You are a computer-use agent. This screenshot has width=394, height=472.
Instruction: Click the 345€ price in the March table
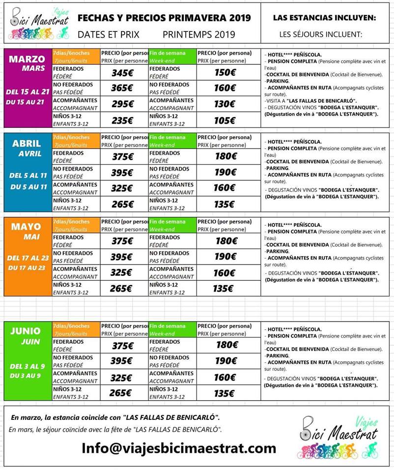(x=122, y=73)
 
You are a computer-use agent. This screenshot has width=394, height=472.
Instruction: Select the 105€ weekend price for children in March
(x=225, y=120)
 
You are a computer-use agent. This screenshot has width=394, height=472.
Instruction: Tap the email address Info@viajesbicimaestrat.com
(x=179, y=448)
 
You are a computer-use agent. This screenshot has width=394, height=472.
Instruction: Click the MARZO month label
(x=27, y=59)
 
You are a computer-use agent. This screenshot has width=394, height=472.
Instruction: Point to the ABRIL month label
(x=27, y=144)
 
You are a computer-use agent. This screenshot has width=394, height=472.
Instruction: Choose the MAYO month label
(x=27, y=227)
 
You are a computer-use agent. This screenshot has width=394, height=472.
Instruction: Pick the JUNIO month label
(x=27, y=331)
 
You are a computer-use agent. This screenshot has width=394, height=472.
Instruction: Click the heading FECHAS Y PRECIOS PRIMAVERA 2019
(x=164, y=18)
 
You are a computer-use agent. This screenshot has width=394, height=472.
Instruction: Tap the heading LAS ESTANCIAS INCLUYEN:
(x=324, y=18)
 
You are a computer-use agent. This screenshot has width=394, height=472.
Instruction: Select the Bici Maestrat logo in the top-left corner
(x=40, y=23)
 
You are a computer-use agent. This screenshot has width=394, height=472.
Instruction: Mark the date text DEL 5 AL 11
(x=28, y=175)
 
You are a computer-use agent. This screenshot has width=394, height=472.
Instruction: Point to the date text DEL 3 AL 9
(x=28, y=366)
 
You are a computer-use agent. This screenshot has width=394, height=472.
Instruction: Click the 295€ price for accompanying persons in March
(x=122, y=104)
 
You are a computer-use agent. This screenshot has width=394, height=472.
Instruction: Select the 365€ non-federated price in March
(x=122, y=88)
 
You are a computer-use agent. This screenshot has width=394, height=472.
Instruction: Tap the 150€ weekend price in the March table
(x=225, y=73)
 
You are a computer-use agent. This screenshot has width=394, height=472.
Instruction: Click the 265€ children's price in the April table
(x=122, y=205)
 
